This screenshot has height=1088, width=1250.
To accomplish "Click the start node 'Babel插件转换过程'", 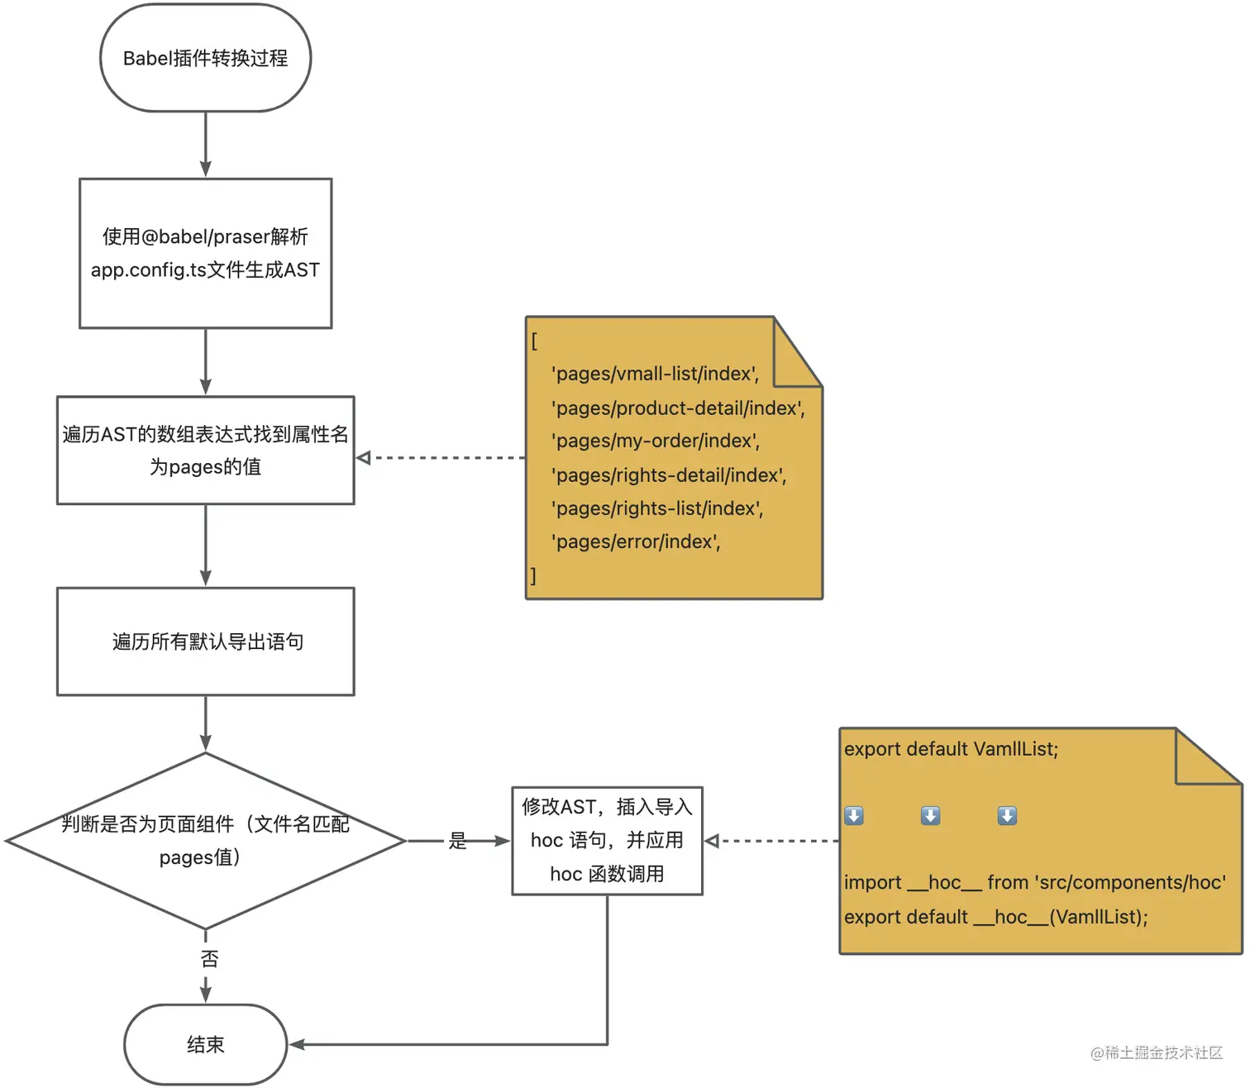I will [x=205, y=58].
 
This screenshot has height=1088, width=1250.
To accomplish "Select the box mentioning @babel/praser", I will [x=205, y=253].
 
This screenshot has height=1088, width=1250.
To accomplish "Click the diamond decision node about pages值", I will [x=205, y=840].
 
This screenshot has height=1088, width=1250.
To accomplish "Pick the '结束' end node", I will [x=205, y=1044].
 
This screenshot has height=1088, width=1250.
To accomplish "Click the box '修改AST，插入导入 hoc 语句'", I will [x=607, y=840].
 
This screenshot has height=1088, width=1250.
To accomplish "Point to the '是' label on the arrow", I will [x=457, y=841].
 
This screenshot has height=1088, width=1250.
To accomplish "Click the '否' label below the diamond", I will [x=209, y=959].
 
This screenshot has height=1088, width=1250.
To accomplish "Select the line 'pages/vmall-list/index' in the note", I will [x=655, y=374].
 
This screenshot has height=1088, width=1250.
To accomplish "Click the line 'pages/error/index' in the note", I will [x=637, y=542].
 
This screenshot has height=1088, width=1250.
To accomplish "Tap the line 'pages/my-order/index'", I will [x=656, y=441].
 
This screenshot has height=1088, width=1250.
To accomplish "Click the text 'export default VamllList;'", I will [x=951, y=749].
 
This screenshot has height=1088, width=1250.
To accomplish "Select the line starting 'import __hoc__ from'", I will [x=1034, y=882].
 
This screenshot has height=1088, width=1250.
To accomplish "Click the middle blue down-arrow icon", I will [x=930, y=816].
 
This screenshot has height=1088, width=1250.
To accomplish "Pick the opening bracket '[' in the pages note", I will [x=534, y=341].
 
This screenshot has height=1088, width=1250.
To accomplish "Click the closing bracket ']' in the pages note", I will [x=533, y=575].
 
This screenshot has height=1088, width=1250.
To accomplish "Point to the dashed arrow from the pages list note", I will [x=442, y=457].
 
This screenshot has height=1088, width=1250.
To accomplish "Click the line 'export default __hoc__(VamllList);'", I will [x=995, y=917].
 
